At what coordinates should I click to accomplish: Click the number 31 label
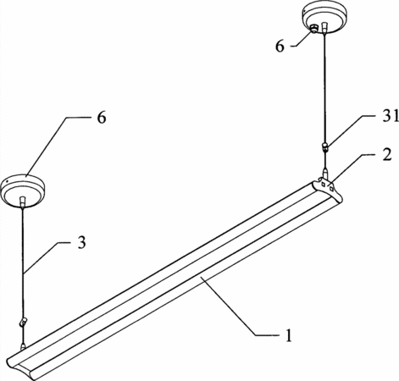coord(391,117)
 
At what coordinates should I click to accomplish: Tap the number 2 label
coord(387,155)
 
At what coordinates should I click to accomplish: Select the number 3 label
coord(81,242)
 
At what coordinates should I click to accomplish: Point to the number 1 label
coord(288,335)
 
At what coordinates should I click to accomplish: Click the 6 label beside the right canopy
coord(280,46)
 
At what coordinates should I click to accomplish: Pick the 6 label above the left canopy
coord(102,117)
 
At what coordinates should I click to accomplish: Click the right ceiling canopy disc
coord(324,17)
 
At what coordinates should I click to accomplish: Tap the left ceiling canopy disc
coord(22,191)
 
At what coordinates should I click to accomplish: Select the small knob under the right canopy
coord(313,28)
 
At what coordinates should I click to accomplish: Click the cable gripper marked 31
coord(325,146)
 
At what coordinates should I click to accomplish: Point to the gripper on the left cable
coord(23,322)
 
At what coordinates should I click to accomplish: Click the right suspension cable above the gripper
coord(324,88)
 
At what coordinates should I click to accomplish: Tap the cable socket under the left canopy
coord(22,202)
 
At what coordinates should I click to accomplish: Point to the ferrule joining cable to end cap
coord(325,174)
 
